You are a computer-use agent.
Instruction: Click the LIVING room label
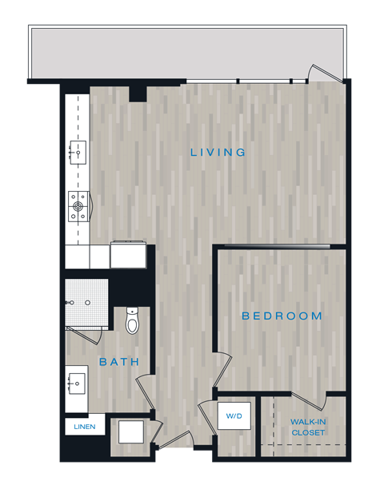tap(218, 152)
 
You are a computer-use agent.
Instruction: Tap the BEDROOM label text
tap(282, 316)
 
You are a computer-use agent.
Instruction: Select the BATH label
tap(119, 362)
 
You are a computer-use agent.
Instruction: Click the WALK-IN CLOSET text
tap(308, 427)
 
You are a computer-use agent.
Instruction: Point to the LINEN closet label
tap(84, 427)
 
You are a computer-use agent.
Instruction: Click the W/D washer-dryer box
tap(234, 416)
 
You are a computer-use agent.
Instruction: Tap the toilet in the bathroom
tap(133, 320)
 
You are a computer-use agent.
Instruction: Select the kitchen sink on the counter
tap(78, 150)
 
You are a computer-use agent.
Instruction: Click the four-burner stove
tap(78, 206)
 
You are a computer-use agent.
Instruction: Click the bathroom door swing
tap(145, 393)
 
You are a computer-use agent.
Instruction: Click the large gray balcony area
tap(188, 53)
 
